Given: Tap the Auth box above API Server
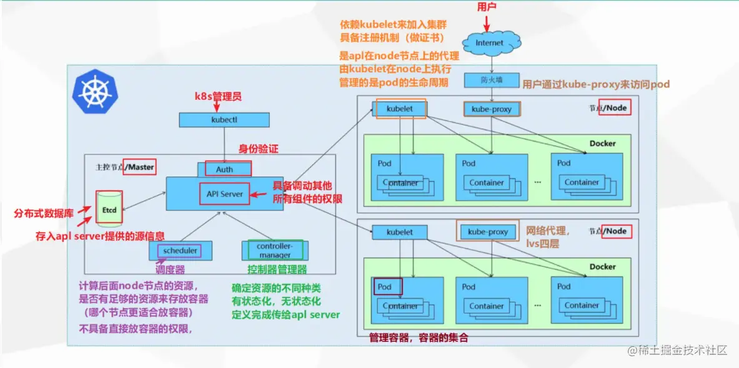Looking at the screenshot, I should point(224,169).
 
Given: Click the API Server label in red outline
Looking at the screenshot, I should point(225,194).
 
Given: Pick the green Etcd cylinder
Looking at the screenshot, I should point(109,210).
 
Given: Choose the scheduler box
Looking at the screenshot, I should point(180,251).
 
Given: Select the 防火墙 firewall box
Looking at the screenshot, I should point(492,80).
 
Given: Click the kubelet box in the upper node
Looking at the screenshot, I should point(400,109).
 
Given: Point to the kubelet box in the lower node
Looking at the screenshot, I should point(400,232).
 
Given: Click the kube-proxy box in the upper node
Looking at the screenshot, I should point(492,109).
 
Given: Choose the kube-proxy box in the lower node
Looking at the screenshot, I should point(488,232).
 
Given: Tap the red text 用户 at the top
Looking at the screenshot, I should point(487,7).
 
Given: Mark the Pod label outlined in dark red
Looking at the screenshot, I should point(387,287).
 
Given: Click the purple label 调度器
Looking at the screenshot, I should point(170,269).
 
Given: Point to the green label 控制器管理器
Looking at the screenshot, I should point(277,269).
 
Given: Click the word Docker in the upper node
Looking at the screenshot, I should point(602,143).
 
